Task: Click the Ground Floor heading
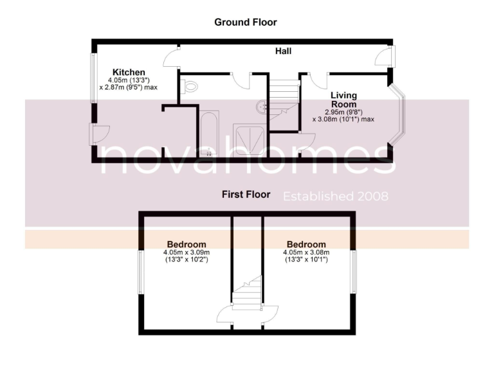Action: click(246, 22)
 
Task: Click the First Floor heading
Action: click(246, 195)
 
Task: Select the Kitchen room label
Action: click(129, 72)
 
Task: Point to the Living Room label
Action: click(343, 100)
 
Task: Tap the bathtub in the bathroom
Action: click(209, 134)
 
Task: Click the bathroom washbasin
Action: click(260, 107)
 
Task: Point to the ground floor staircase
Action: click(283, 100)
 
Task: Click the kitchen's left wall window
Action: click(93, 78)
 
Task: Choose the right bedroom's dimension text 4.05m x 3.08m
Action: click(306, 253)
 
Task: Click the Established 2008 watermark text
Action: click(336, 196)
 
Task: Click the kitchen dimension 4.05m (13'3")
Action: click(129, 80)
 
